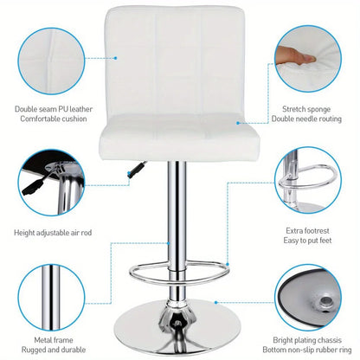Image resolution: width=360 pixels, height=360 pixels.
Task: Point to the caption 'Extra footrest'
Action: tap(309, 231)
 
